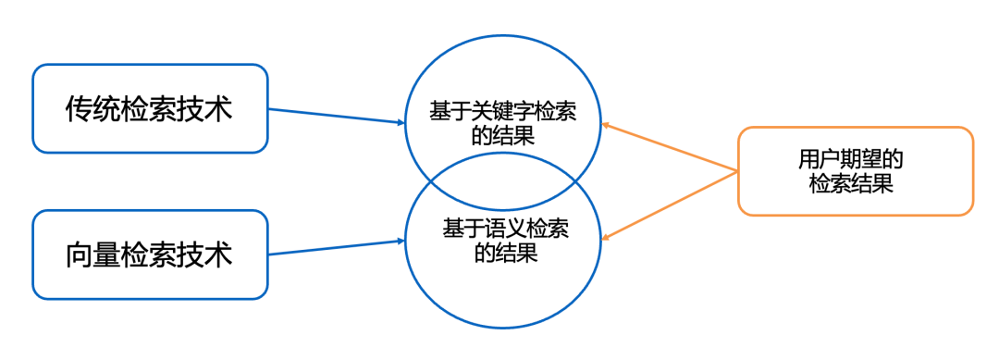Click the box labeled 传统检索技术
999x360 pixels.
coord(150,108)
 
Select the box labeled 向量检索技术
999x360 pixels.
coord(150,254)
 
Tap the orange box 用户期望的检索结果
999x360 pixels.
coord(855,171)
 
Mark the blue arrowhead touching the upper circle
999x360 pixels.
coord(401,122)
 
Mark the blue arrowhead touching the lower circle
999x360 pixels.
coord(401,242)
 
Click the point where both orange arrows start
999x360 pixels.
coord(736,172)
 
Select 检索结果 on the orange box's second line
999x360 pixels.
coord(851,183)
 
